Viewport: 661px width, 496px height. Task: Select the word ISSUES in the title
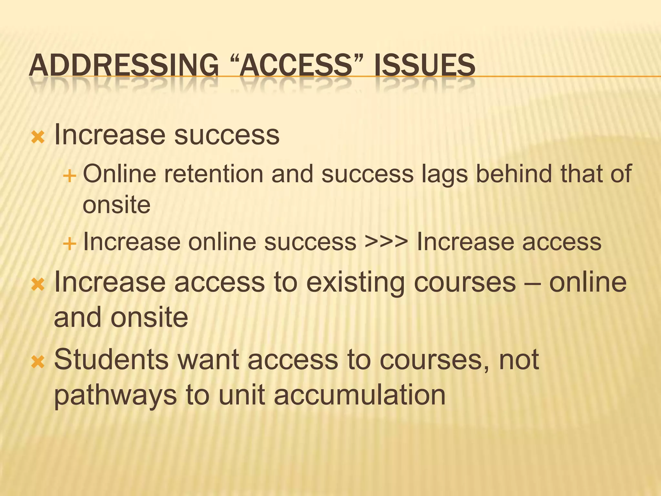point(425,65)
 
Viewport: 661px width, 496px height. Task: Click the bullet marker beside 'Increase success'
point(38,137)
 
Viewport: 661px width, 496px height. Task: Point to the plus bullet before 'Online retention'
point(69,176)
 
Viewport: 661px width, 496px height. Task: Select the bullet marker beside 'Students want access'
point(38,362)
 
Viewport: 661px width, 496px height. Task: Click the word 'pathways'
point(115,396)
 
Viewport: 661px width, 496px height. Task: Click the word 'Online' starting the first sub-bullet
point(120,174)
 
